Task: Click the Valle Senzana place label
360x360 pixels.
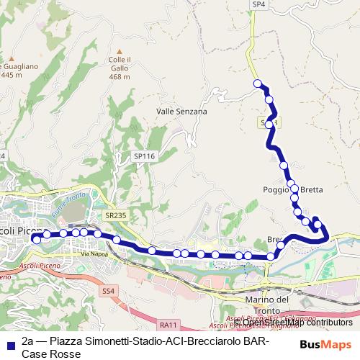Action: coord(181,112)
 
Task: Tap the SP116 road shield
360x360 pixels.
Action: coord(144,156)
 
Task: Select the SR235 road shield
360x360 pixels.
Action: coord(114,214)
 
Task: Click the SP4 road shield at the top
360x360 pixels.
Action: coord(258,4)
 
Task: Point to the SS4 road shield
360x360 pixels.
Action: coord(108,291)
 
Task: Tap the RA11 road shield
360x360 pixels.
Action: coord(169,324)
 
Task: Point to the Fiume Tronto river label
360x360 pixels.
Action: coord(68,205)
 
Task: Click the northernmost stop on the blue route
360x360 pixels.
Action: coord(257,84)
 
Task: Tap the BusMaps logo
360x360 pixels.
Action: coord(325,345)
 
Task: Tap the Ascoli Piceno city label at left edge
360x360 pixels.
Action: coord(14,230)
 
